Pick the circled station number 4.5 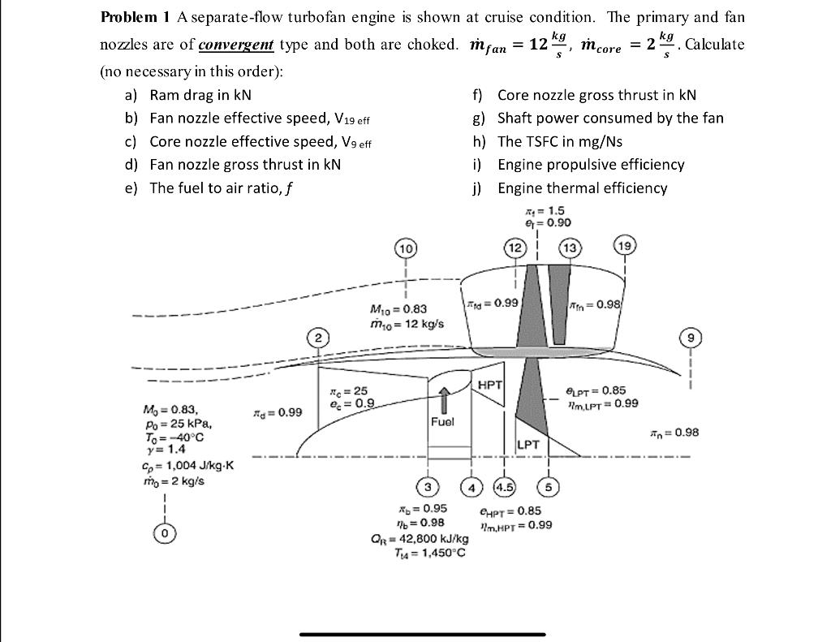pos(505,487)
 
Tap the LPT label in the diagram pos(529,445)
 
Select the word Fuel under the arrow pos(443,421)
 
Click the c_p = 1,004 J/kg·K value pos(187,465)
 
